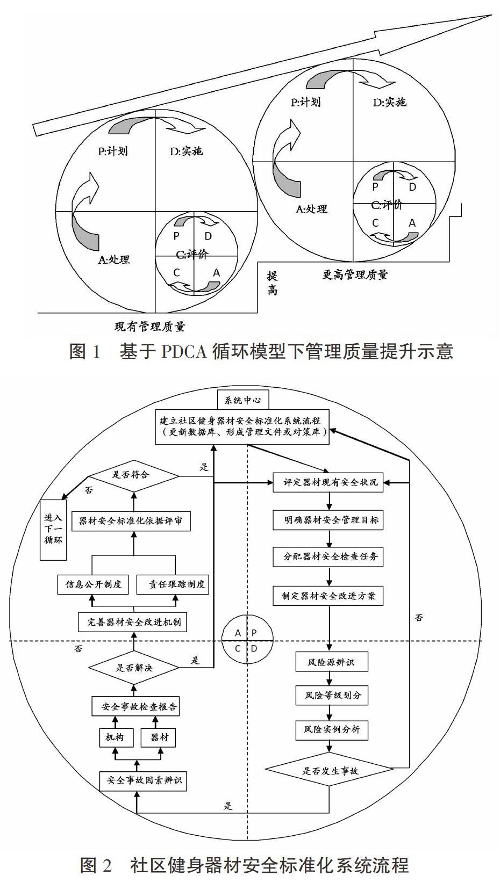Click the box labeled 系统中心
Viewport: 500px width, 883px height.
pos(242,400)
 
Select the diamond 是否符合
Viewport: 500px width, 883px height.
pos(133,475)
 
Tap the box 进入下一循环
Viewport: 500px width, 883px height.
pos(53,530)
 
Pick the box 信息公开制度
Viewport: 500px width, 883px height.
pos(93,584)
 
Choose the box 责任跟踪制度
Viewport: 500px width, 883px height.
pos(173,584)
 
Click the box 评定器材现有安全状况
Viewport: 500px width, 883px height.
pos(328,482)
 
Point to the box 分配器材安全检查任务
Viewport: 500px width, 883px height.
pos(328,556)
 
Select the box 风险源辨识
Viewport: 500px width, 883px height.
pos(332,662)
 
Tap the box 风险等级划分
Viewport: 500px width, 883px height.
pos(332,696)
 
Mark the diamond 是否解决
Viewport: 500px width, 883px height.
pos(133,668)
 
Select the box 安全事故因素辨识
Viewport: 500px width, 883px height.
pos(143,780)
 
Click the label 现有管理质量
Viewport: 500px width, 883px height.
pos(149,326)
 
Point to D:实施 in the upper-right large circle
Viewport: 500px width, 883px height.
pos(389,103)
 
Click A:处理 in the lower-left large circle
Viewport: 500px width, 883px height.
pos(113,259)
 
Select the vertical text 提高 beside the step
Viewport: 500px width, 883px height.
pos(272,283)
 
